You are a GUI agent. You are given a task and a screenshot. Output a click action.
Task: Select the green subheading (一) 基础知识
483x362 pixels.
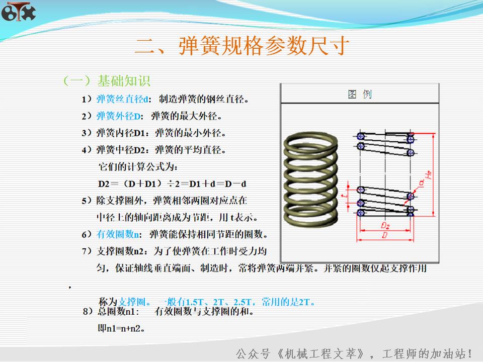tap(106, 80)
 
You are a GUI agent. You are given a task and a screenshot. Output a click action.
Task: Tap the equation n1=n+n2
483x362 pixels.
tap(121, 329)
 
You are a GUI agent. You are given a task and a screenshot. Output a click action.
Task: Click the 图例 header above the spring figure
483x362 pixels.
tap(360, 94)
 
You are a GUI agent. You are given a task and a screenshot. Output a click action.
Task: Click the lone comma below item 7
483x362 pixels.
tap(70, 287)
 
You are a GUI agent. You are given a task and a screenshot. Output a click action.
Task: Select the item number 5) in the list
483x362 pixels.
tap(87, 201)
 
